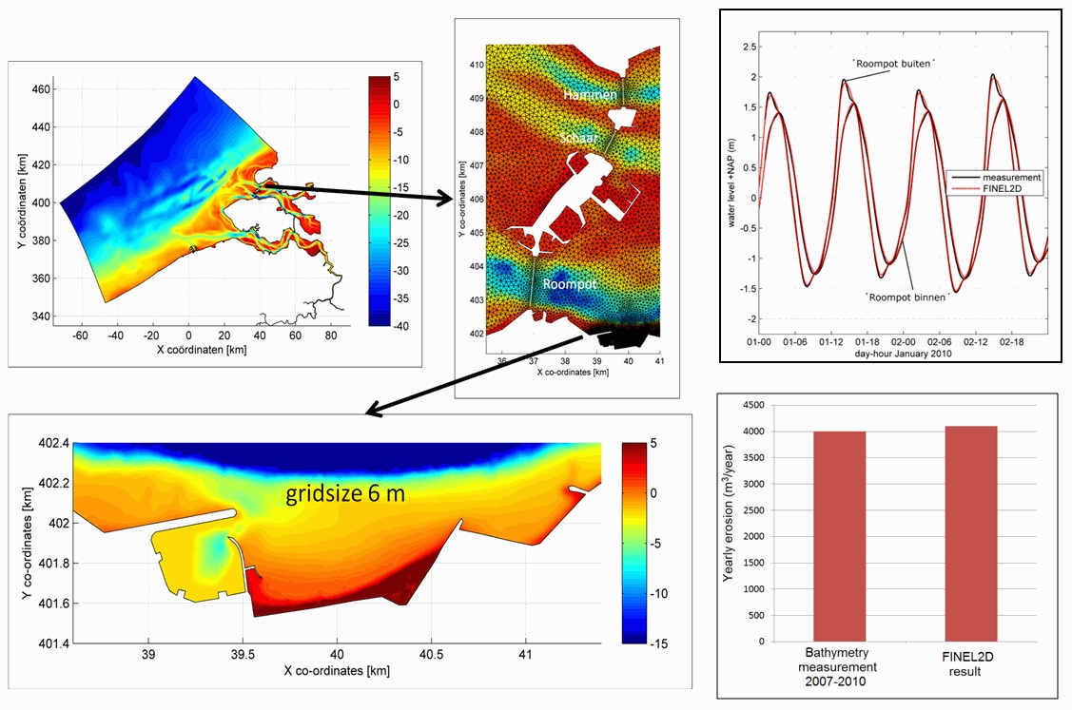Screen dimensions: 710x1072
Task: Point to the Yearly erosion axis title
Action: pos(729,522)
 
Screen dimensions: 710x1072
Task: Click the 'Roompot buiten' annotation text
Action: pos(893,62)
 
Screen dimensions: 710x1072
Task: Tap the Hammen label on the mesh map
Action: pos(590,95)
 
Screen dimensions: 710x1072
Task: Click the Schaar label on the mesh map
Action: pos(579,138)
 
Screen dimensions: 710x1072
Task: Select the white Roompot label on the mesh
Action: pos(570,283)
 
